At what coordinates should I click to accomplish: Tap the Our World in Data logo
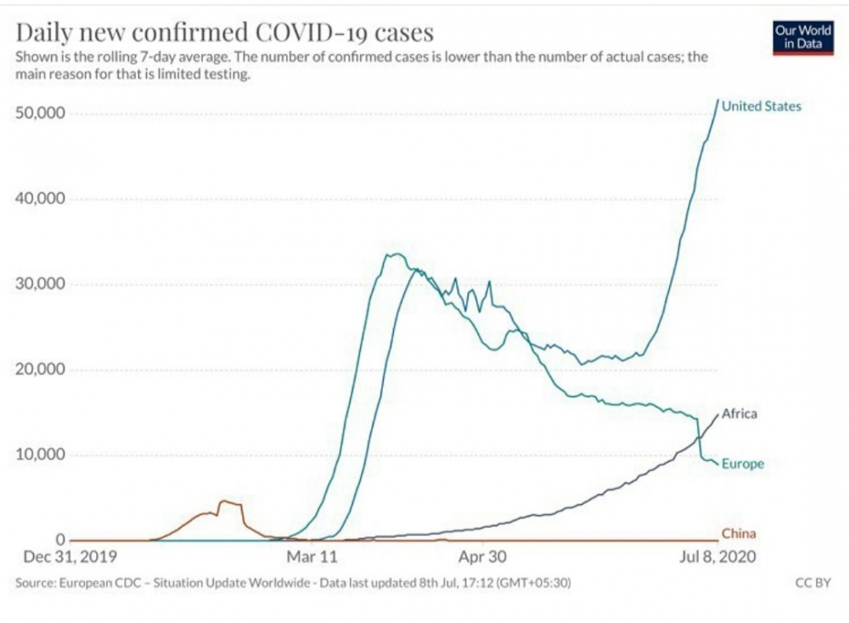803,37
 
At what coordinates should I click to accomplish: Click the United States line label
762,106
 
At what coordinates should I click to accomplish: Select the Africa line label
739,414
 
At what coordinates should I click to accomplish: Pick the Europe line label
743,464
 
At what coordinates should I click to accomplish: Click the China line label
739,534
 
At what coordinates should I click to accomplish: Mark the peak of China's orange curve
223,502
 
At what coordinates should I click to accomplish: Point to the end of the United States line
718,101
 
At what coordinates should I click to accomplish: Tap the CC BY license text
812,584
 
